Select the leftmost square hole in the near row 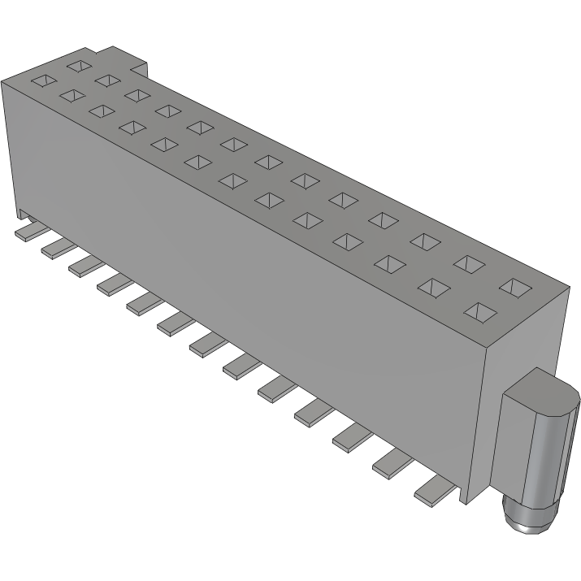(x=45, y=81)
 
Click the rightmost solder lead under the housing (x=436, y=490)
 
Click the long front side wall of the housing (x=244, y=268)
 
